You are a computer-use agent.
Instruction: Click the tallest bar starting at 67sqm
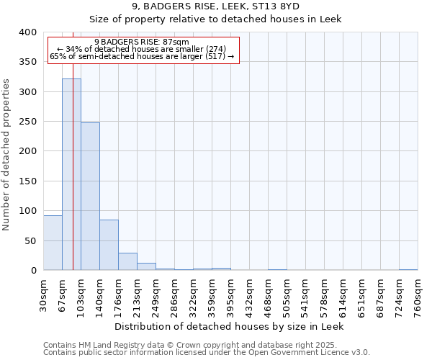71,174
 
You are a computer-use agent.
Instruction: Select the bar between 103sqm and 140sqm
90,197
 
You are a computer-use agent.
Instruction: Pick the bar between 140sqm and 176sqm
109,245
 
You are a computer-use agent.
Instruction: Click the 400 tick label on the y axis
28,32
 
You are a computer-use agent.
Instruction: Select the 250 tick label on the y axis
28,122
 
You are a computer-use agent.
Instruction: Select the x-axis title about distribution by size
230,326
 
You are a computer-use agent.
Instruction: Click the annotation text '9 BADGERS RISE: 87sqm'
141,42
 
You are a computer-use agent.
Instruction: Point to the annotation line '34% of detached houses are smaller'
141,49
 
